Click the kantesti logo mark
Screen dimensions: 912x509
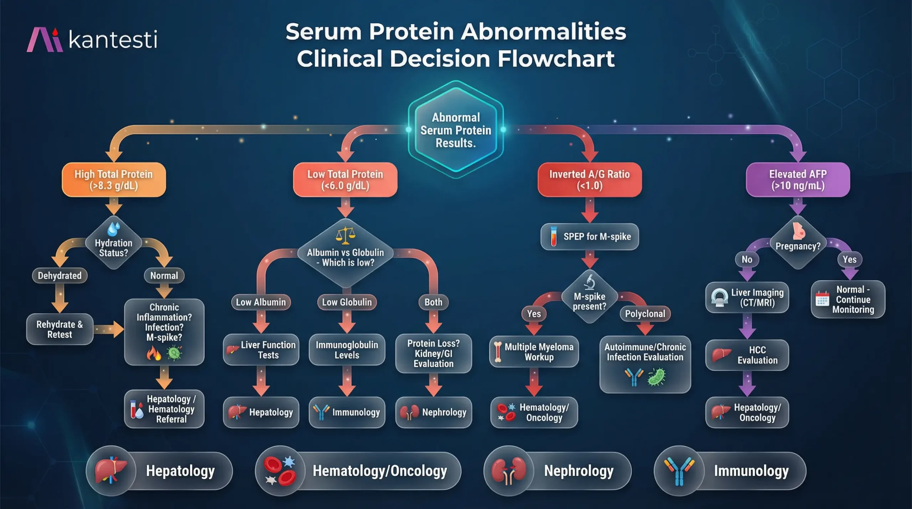(x=45, y=40)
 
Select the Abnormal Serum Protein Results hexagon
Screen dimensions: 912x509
(x=456, y=130)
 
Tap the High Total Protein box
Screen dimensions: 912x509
(x=114, y=180)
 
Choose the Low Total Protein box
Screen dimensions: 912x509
(x=345, y=180)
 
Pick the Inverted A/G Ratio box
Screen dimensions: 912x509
(x=590, y=180)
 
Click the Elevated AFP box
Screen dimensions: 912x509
(x=798, y=180)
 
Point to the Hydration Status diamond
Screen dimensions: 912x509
(x=114, y=243)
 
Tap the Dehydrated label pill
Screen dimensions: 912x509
(x=60, y=276)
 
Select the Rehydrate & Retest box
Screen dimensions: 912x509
(x=60, y=329)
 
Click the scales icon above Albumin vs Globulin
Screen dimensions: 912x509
(x=346, y=235)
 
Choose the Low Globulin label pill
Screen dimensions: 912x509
(x=347, y=302)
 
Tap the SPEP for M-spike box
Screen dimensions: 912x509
(x=590, y=237)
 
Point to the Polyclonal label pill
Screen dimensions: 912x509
(x=645, y=314)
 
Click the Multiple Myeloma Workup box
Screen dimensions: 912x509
(x=534, y=352)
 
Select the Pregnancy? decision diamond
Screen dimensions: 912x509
(x=798, y=243)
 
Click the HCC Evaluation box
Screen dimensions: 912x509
(x=747, y=355)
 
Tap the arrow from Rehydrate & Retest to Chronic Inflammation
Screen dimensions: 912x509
(x=109, y=329)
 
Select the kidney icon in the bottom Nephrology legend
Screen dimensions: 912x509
(x=509, y=471)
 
